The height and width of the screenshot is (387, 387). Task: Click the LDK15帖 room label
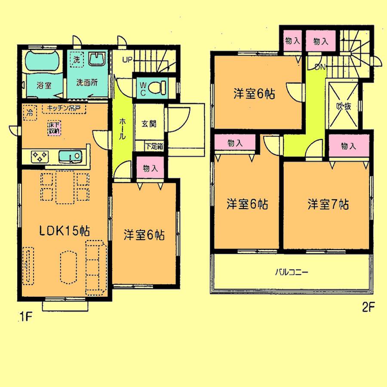pyautogui.click(x=64, y=230)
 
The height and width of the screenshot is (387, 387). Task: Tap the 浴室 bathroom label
pyautogui.click(x=43, y=85)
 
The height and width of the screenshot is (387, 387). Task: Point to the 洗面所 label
pyautogui.click(x=86, y=83)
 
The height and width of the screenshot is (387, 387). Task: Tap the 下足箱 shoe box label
pyautogui.click(x=154, y=146)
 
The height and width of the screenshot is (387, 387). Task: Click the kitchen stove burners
pyautogui.click(x=40, y=157)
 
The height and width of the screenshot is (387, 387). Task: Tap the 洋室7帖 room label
pyautogui.click(x=328, y=205)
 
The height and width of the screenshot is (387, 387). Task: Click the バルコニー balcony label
pyautogui.click(x=292, y=272)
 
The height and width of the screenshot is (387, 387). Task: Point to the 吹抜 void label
pyautogui.click(x=343, y=106)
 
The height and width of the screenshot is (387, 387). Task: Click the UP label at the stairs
pyautogui.click(x=128, y=59)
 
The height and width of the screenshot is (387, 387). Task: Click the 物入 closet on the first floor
pyautogui.click(x=150, y=168)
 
